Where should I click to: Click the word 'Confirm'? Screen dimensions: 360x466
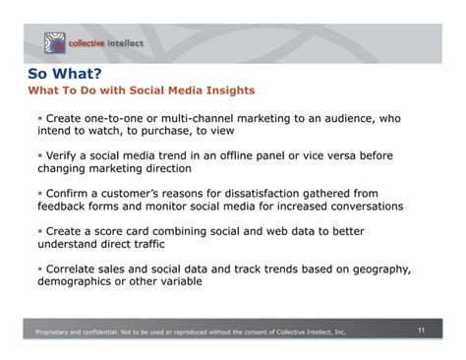[x=69, y=192]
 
